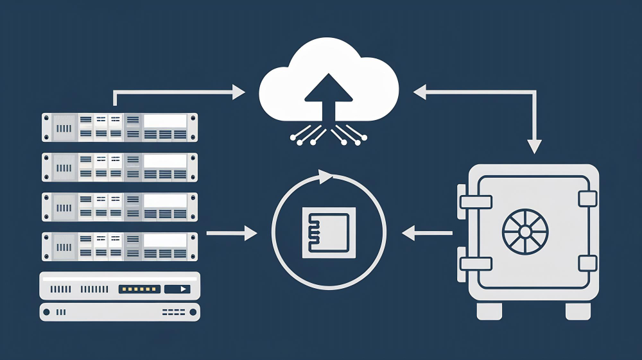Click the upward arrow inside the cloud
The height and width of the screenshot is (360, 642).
click(328, 96)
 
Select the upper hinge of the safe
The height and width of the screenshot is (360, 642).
click(474, 201)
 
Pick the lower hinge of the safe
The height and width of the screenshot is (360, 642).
click(474, 262)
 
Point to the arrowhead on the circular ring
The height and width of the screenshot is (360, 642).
click(327, 176)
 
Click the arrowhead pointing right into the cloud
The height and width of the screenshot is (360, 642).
click(238, 92)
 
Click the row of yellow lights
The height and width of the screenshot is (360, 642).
click(139, 289)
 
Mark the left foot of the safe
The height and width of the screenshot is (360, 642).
click(489, 311)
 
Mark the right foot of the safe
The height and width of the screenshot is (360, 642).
click(578, 311)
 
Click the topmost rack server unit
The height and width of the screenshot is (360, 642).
click(120, 127)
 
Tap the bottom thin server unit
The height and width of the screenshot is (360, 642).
click(120, 313)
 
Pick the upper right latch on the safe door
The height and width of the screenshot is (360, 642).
click(587, 198)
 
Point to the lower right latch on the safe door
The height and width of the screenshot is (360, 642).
click(587, 263)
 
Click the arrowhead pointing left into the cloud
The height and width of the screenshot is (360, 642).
click(420, 92)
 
